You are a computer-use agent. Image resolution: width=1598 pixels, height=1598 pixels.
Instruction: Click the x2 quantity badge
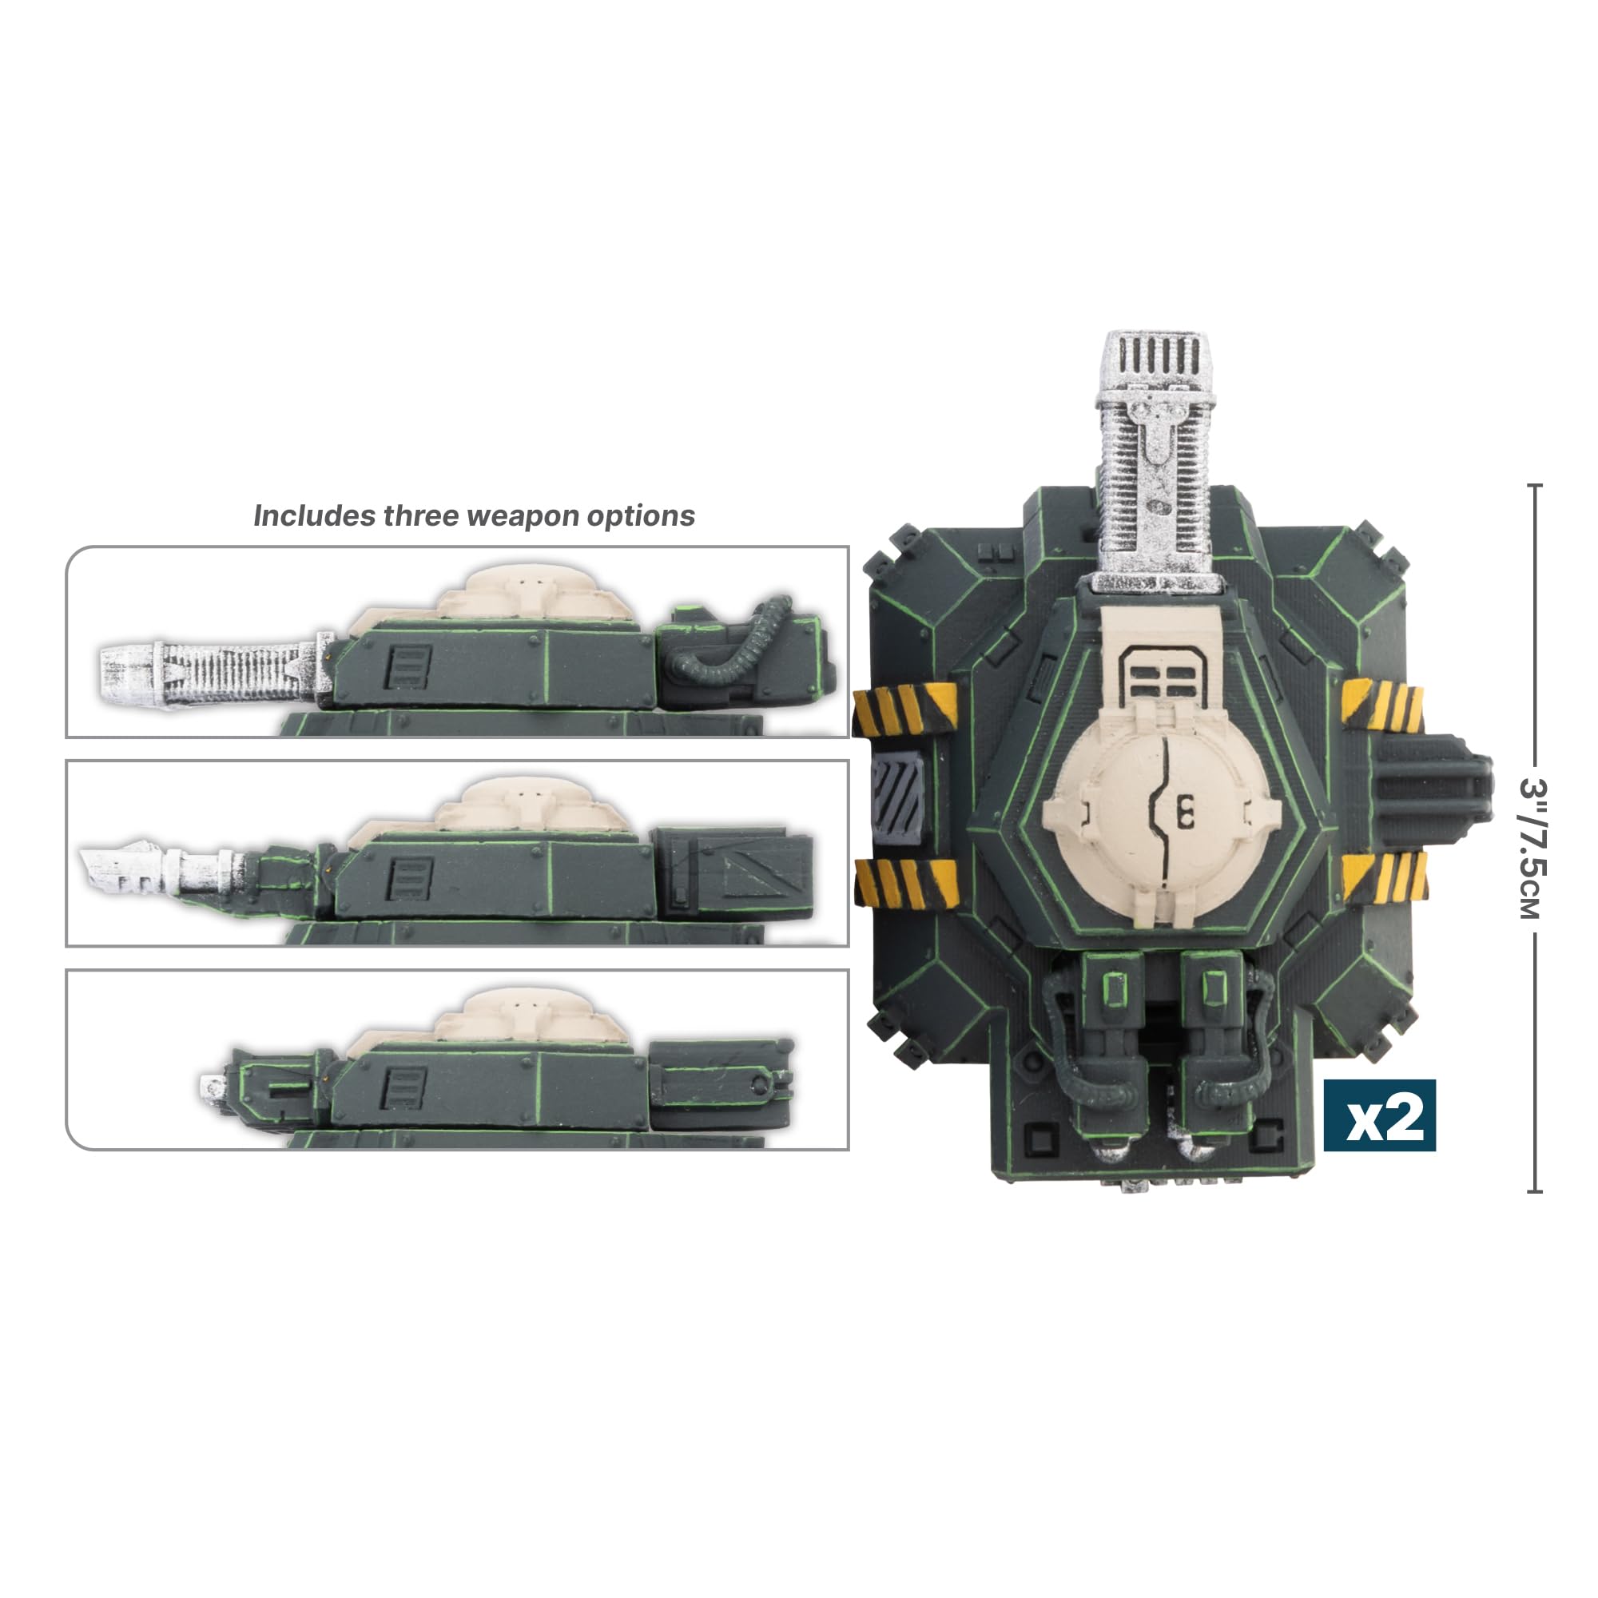tap(1379, 1115)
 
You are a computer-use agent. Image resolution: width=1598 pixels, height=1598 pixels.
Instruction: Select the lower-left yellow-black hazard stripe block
tap(907, 882)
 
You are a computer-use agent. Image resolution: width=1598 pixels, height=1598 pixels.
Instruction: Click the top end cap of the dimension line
tap(1534, 486)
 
